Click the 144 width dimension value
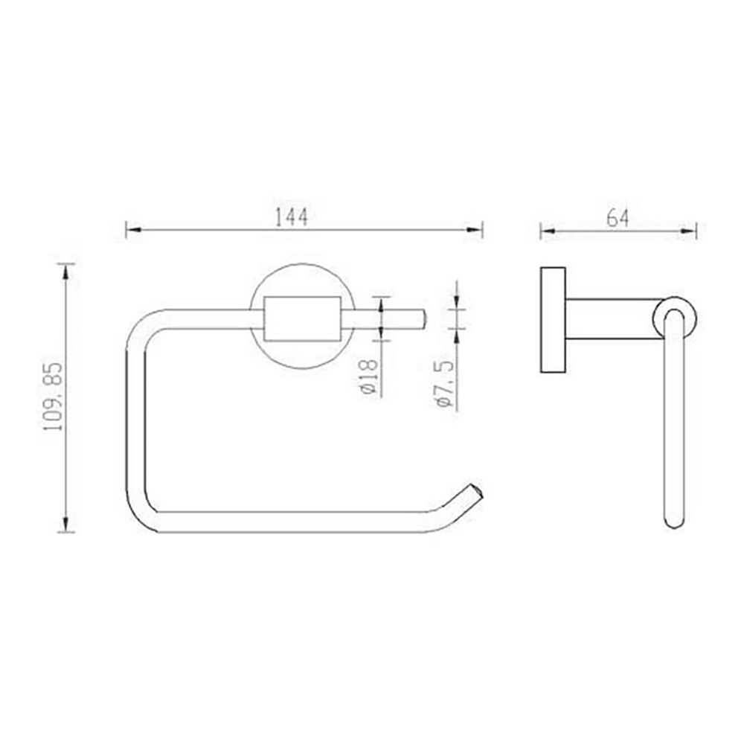(x=292, y=217)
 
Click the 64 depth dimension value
(x=618, y=218)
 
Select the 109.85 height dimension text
(x=52, y=398)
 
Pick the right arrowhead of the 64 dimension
(x=690, y=231)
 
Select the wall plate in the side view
(x=552, y=318)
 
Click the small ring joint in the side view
(x=674, y=318)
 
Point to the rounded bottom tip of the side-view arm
(x=674, y=520)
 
